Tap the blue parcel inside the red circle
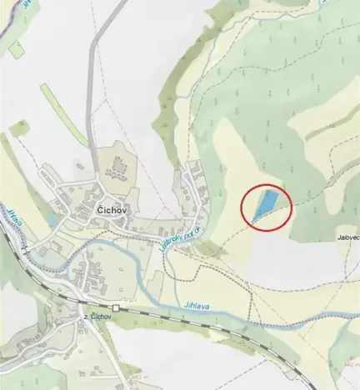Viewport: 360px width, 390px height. (x=265, y=205)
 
